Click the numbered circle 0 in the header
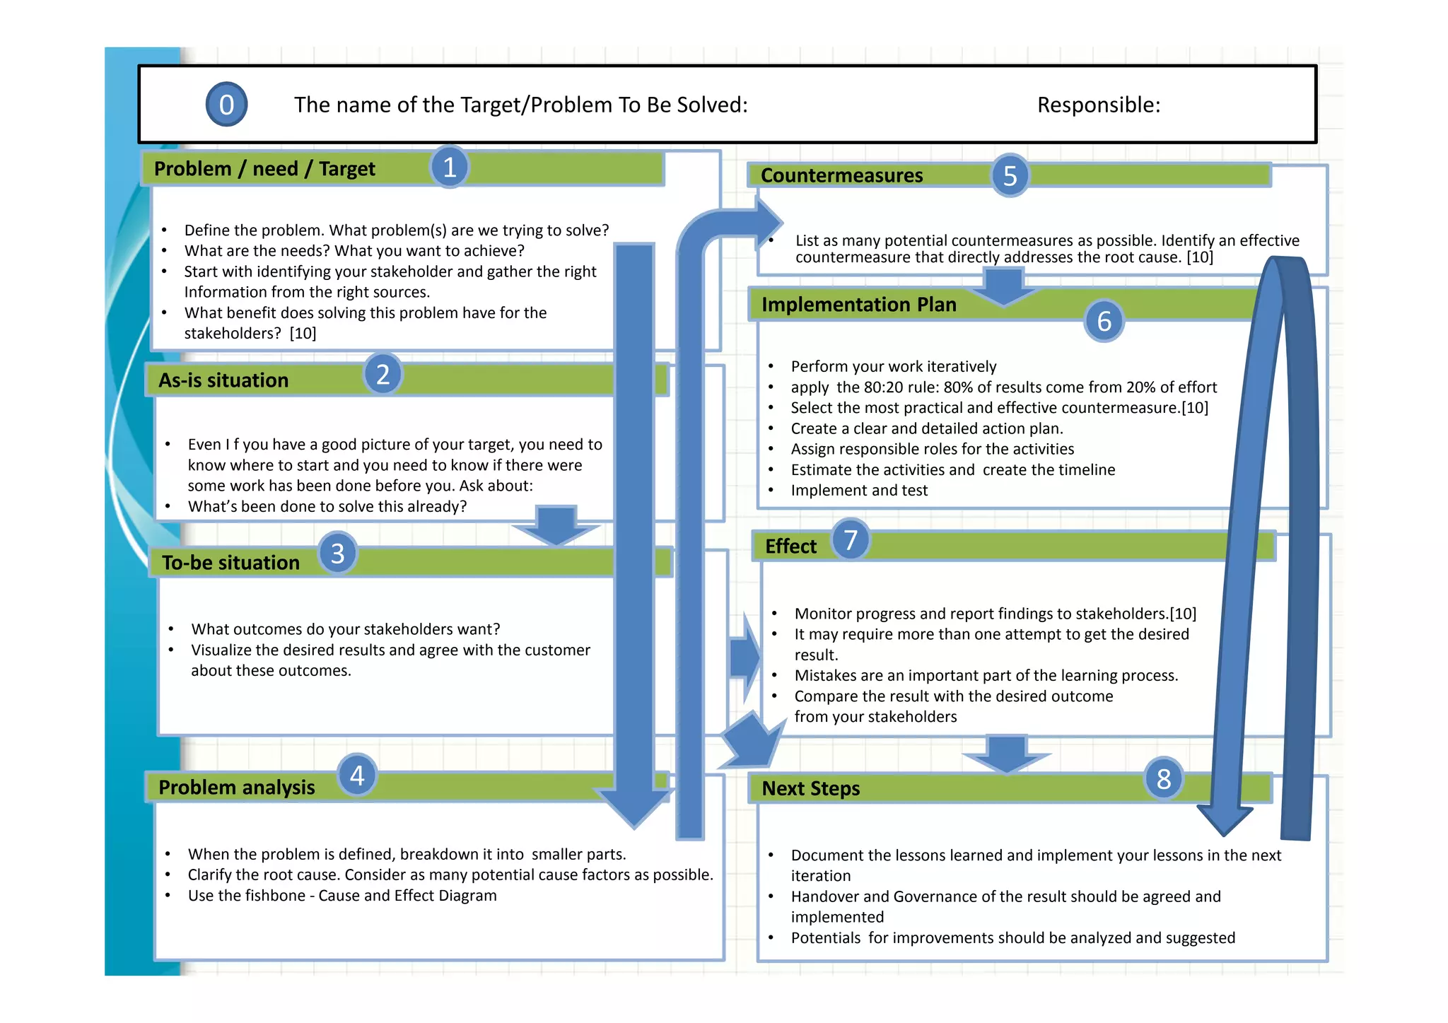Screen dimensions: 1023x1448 click(226, 105)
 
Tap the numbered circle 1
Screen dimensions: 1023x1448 click(450, 168)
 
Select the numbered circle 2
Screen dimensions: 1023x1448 click(383, 375)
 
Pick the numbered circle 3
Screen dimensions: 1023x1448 click(337, 554)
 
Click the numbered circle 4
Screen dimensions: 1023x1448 click(357, 776)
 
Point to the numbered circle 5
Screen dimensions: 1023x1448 click(1010, 176)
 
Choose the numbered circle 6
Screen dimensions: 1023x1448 click(1104, 322)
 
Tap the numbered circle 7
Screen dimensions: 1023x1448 click(851, 540)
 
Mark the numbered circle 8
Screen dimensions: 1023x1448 click(1164, 779)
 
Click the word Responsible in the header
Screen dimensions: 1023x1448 click(1098, 105)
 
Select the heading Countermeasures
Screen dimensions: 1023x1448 click(841, 175)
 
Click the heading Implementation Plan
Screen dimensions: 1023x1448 click(858, 305)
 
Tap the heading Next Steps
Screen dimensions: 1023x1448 click(810, 788)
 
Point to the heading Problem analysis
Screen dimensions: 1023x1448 click(236, 788)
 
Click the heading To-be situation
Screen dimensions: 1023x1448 click(230, 563)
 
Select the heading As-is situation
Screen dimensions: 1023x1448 click(223, 380)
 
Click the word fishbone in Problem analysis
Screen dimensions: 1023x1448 click(275, 896)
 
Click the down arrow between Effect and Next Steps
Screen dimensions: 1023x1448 click(1005, 754)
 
